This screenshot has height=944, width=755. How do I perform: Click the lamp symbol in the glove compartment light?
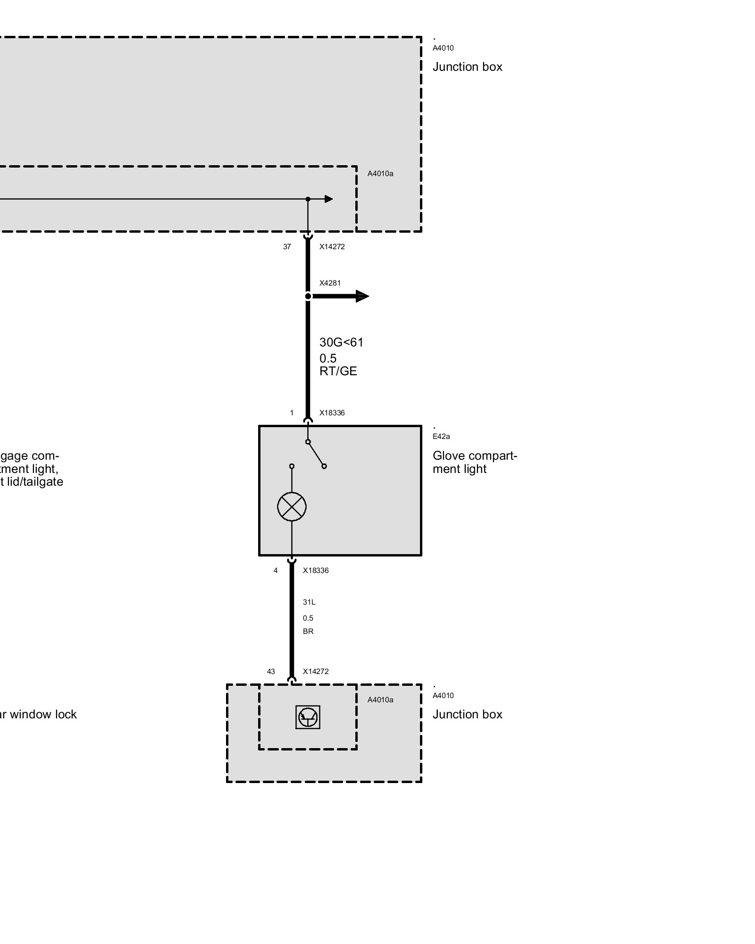click(x=292, y=506)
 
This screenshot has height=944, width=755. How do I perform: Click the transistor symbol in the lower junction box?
click(x=308, y=717)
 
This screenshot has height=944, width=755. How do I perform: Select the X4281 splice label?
click(x=330, y=283)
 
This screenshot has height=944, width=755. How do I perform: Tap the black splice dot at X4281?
click(x=308, y=296)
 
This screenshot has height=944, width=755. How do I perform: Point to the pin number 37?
click(x=287, y=247)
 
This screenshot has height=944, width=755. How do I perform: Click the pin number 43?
click(x=271, y=672)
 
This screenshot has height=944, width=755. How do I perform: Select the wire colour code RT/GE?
click(x=338, y=371)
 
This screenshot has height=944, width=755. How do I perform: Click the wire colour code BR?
click(x=308, y=632)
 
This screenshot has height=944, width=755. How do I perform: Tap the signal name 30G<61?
click(x=342, y=343)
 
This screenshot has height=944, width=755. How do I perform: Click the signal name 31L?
click(x=309, y=602)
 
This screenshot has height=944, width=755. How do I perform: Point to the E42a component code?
click(x=441, y=437)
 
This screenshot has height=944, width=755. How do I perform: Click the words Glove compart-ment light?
click(x=474, y=463)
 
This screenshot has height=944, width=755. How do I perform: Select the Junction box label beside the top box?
click(x=467, y=67)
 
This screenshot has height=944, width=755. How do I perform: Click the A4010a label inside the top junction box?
click(x=380, y=174)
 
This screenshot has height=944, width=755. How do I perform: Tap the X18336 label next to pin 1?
click(x=332, y=413)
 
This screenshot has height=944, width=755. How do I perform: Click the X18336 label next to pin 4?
click(x=316, y=571)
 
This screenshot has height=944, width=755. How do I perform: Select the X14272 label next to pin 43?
click(x=316, y=672)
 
